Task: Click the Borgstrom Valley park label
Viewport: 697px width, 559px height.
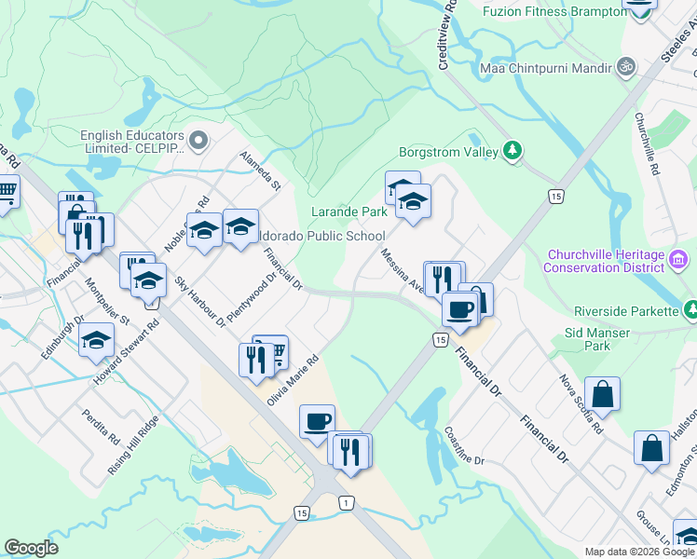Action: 448,151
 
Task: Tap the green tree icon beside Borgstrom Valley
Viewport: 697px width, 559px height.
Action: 511,150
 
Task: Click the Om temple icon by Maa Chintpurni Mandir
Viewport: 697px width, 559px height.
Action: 625,67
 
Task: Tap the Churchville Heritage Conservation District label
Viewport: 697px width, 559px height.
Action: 606,263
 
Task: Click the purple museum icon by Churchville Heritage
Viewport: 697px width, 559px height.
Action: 679,257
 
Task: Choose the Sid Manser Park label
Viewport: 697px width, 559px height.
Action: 598,339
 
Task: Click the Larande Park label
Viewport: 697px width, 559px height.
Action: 348,211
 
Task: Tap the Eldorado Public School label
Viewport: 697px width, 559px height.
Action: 319,236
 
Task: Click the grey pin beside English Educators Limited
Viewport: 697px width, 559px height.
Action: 197,141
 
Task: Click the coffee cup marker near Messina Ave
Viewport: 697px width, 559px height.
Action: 458,309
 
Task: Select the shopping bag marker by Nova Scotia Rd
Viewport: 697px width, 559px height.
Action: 602,393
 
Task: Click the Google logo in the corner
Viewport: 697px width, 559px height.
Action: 31,548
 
